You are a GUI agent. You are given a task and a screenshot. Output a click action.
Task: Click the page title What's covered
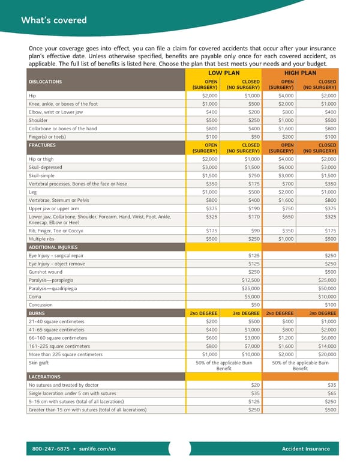coord(54,20)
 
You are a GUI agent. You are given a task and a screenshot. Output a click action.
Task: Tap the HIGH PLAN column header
coord(301,73)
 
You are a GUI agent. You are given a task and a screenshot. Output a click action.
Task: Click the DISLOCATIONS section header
coord(45,82)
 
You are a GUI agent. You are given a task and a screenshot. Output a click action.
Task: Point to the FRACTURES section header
coord(42,145)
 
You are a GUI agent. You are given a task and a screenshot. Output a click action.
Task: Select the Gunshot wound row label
coord(46,271)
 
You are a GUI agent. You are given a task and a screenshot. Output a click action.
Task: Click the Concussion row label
coord(41,305)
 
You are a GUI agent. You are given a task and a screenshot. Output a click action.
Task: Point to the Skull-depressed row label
coord(45,167)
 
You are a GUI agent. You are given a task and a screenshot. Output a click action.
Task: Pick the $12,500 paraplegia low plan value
coord(250,280)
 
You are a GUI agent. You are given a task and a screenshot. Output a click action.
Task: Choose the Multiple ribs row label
coord(41,238)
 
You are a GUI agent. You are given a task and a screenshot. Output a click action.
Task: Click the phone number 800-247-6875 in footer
coord(51,449)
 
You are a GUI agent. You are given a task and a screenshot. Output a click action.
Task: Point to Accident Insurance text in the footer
coord(305,449)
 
